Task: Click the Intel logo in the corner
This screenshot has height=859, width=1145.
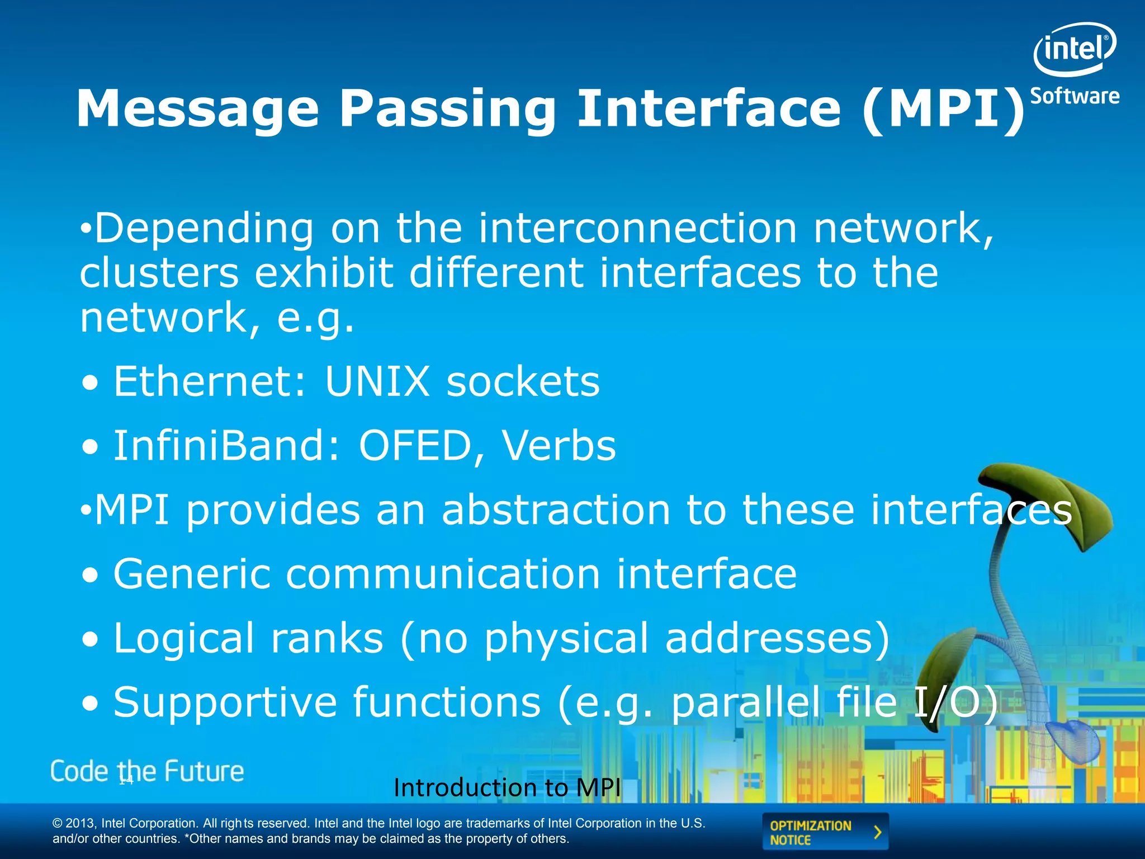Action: [1074, 49]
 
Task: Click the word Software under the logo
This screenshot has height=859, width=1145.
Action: [1074, 96]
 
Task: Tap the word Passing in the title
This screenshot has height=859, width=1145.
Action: [447, 109]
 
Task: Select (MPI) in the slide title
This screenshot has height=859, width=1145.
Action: [944, 109]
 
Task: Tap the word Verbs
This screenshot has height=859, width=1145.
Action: [559, 446]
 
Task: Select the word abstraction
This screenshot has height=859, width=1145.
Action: [556, 509]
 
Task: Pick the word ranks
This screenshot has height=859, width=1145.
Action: [327, 638]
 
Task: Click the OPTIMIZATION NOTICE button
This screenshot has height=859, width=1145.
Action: [825, 832]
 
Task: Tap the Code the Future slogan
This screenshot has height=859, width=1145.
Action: [147, 772]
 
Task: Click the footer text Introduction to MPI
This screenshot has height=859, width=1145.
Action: [507, 788]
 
